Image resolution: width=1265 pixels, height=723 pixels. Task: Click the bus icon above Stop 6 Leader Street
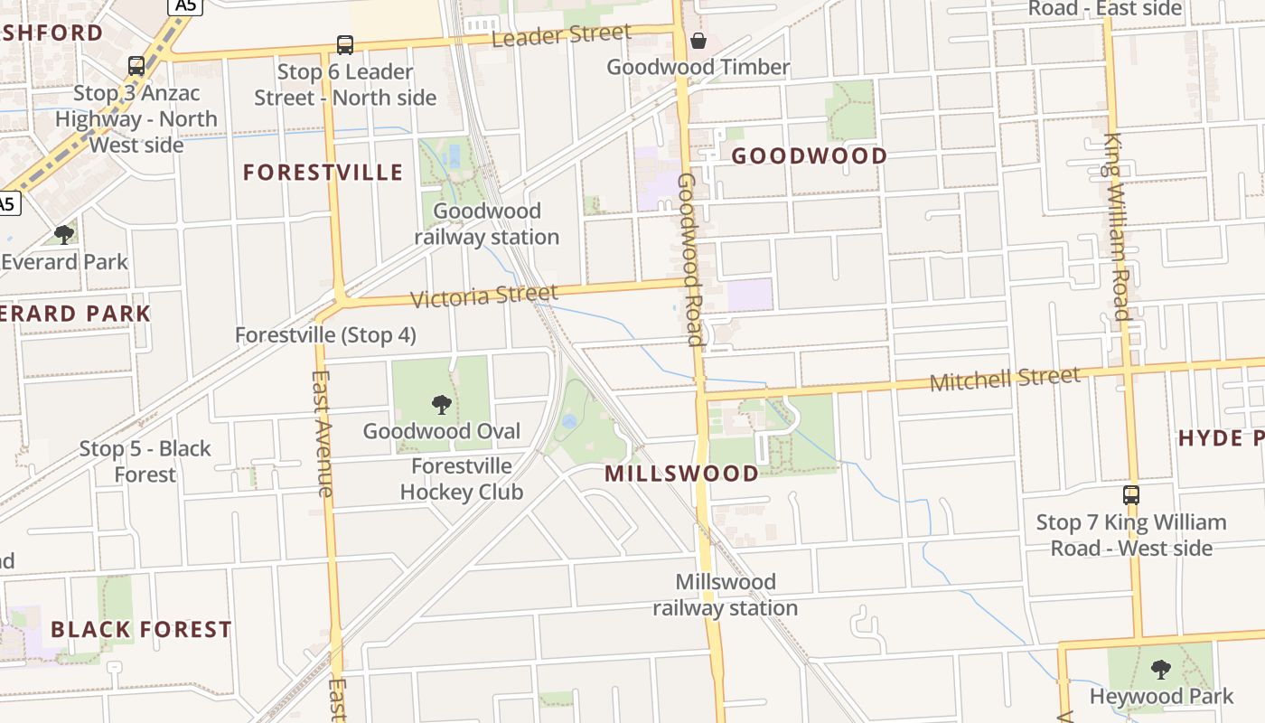pos(344,44)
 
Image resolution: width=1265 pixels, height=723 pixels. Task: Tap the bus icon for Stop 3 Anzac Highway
pos(136,65)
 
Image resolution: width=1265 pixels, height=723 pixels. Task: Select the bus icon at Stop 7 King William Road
pos(1130,494)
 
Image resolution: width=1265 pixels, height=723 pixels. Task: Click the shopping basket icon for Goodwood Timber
pos(698,40)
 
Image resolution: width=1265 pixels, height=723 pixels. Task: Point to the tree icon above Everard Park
pos(63,234)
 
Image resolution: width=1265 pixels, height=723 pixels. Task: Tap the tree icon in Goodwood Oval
pos(441,404)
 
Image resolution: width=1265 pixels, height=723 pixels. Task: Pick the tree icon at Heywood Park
pos(1160,670)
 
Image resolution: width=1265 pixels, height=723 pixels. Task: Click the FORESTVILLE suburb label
pos(323,173)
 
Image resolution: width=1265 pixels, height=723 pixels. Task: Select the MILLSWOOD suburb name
pos(681,474)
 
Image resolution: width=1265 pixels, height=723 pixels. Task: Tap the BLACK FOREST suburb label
pos(141,629)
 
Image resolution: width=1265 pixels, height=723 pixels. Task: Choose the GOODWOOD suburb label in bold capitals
pos(809,156)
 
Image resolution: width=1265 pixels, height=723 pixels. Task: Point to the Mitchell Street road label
pos(1005,379)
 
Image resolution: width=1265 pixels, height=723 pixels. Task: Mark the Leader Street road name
pos(561,36)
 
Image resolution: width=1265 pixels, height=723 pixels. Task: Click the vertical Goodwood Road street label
pos(689,260)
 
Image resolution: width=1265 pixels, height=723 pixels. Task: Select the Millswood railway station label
pos(725,595)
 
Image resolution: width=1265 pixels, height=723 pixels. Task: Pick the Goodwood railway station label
pos(486,224)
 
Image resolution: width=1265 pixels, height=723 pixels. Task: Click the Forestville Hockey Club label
pos(461,479)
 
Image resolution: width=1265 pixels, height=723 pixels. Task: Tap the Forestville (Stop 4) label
pos(325,335)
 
